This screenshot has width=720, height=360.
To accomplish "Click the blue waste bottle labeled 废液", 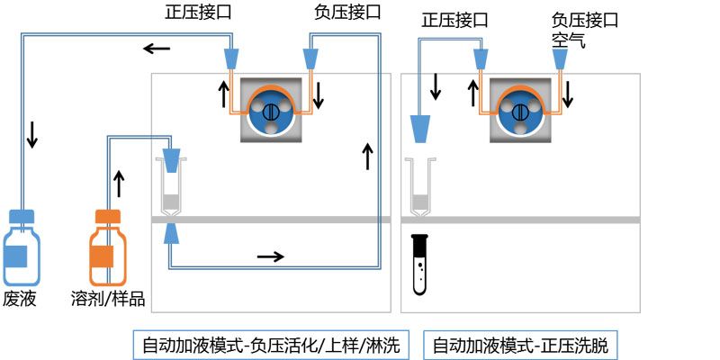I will (x=22, y=247).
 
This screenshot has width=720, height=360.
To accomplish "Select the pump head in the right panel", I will (x=519, y=111).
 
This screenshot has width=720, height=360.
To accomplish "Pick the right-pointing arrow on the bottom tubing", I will (x=270, y=257).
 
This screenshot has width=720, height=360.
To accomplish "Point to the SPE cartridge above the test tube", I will (x=418, y=187).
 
